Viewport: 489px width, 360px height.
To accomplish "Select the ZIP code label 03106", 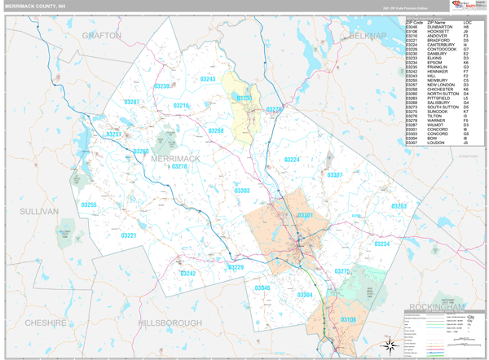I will click(x=349, y=318).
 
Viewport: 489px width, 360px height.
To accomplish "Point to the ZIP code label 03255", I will click(x=89, y=205).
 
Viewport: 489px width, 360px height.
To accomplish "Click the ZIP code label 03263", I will click(x=399, y=207).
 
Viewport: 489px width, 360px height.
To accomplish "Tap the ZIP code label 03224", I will click(x=291, y=160).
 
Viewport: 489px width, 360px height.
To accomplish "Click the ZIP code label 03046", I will click(x=263, y=288).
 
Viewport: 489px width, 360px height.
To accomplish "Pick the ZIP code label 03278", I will click(x=179, y=166).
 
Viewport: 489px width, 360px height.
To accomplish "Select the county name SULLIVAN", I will click(x=39, y=211).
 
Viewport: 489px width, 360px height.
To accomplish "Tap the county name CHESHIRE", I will click(x=45, y=323).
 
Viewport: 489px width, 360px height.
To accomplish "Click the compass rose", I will click(x=389, y=342).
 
